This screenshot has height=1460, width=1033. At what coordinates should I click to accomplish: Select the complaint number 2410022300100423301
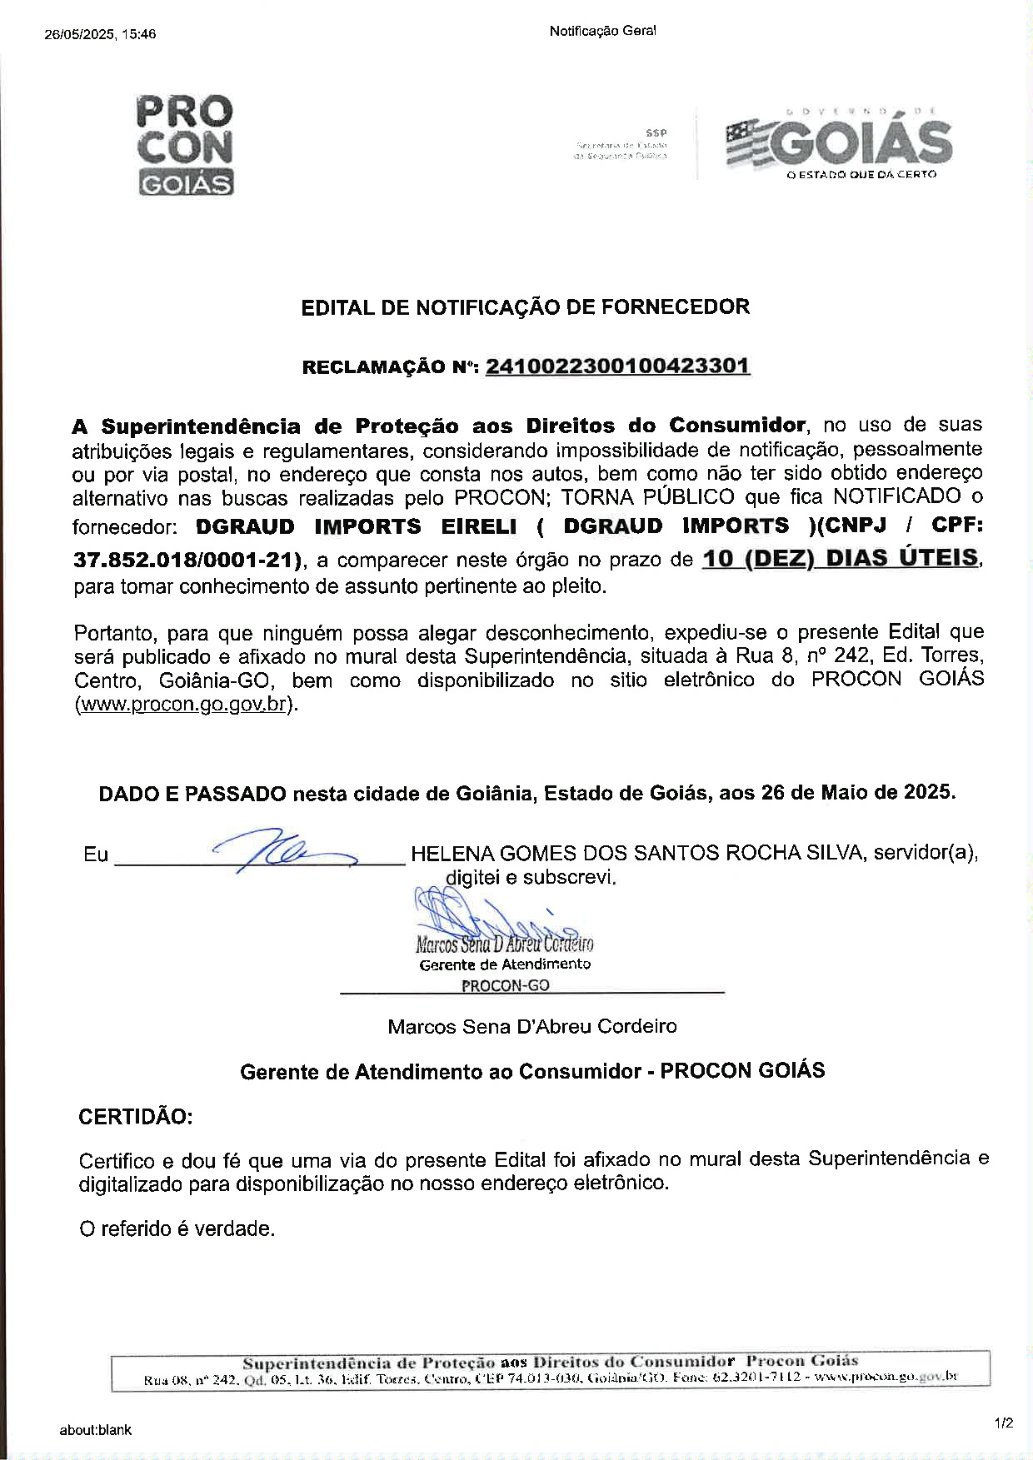(617, 366)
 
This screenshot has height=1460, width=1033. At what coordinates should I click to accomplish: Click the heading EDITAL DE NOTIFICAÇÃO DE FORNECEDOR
(525, 306)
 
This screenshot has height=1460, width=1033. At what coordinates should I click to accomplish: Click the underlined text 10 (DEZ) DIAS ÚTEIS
(841, 558)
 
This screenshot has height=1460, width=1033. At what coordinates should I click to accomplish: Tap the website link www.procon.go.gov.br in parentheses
(183, 704)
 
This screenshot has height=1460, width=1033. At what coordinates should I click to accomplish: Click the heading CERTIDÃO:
(135, 1116)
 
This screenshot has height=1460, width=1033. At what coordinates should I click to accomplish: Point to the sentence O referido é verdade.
(177, 1228)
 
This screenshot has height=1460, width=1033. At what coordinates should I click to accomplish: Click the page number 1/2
(1003, 1423)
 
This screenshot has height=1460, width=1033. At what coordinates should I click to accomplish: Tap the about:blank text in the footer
(95, 1430)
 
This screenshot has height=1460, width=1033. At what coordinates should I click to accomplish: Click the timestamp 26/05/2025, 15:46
(99, 34)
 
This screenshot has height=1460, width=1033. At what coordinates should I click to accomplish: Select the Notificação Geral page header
(602, 31)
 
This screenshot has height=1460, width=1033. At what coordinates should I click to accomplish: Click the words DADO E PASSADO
(192, 793)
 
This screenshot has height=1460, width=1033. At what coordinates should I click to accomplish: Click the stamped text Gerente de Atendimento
(505, 964)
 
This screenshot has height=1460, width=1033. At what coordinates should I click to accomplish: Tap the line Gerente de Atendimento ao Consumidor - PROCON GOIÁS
(532, 1070)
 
